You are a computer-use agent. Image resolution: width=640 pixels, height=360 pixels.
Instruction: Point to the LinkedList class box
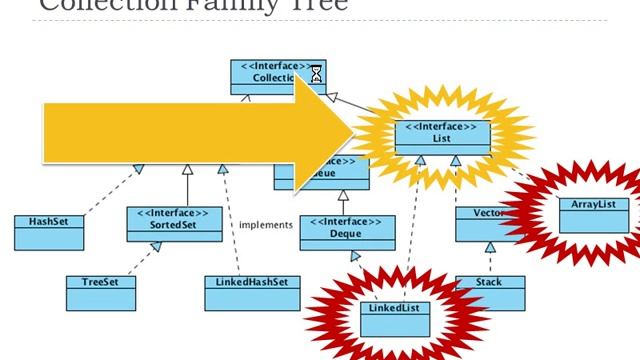[397, 313]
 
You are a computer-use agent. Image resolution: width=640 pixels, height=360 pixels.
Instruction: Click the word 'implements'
[265, 225]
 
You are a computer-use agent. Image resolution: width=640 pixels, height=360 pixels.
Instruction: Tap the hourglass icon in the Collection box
[316, 74]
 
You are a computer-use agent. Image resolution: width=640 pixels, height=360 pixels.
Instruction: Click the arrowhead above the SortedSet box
[186, 171]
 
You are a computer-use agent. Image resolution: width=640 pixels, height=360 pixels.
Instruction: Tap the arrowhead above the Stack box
[489, 247]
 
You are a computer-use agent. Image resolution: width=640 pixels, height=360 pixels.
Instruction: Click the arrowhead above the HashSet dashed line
[139, 169]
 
